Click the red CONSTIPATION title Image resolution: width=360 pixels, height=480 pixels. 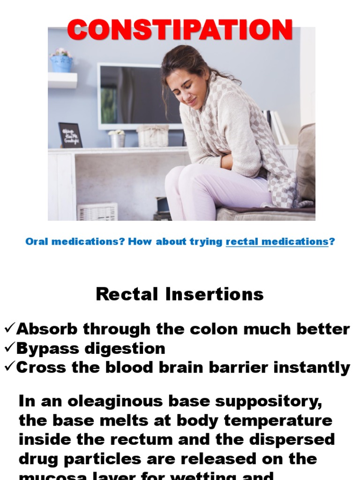(x=180, y=30)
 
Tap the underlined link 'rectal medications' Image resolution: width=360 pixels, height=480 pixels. (x=277, y=242)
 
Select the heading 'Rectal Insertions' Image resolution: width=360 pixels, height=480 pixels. (x=180, y=294)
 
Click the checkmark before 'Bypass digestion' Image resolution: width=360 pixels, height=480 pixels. (x=9, y=348)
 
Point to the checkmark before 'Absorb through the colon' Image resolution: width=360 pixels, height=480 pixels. (x=9, y=329)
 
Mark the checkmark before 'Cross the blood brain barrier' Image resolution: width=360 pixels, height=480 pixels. (x=9, y=367)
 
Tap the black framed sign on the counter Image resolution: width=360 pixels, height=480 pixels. (x=70, y=135)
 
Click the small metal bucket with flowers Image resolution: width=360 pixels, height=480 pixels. (x=117, y=139)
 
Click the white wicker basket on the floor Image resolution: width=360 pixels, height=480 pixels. (x=97, y=211)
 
